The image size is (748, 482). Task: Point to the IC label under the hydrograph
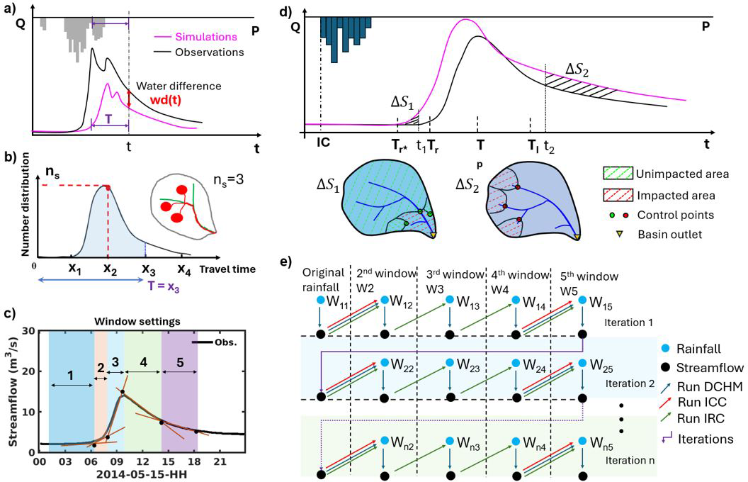(324, 142)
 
